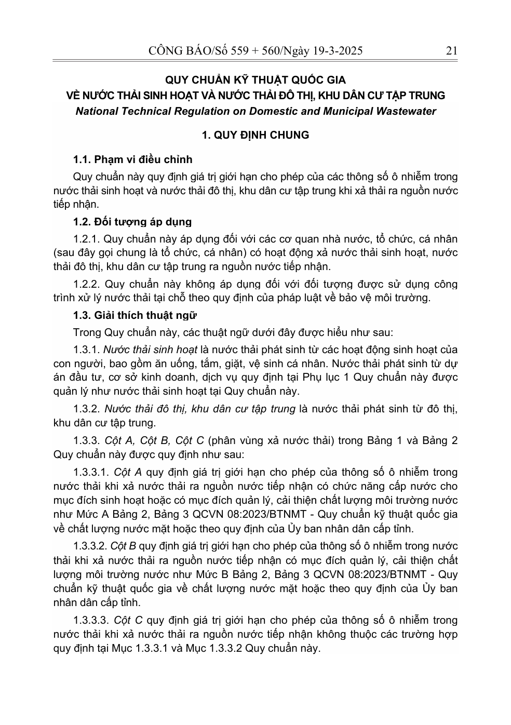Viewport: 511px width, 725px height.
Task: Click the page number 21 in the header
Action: [x=451, y=50]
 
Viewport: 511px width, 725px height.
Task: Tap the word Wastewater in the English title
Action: [x=405, y=111]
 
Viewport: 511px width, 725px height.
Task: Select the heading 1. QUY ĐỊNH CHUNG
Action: [x=255, y=135]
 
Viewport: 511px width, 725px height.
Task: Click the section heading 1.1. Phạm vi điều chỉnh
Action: [x=133, y=159]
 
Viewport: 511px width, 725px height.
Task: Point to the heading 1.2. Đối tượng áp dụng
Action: [x=132, y=222]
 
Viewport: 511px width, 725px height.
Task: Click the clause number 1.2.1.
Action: [x=87, y=239]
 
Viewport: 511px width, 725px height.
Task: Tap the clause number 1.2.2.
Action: [x=87, y=284]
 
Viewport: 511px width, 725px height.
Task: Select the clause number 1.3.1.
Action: [x=87, y=350]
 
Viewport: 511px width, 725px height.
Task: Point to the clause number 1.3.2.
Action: [x=87, y=409]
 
